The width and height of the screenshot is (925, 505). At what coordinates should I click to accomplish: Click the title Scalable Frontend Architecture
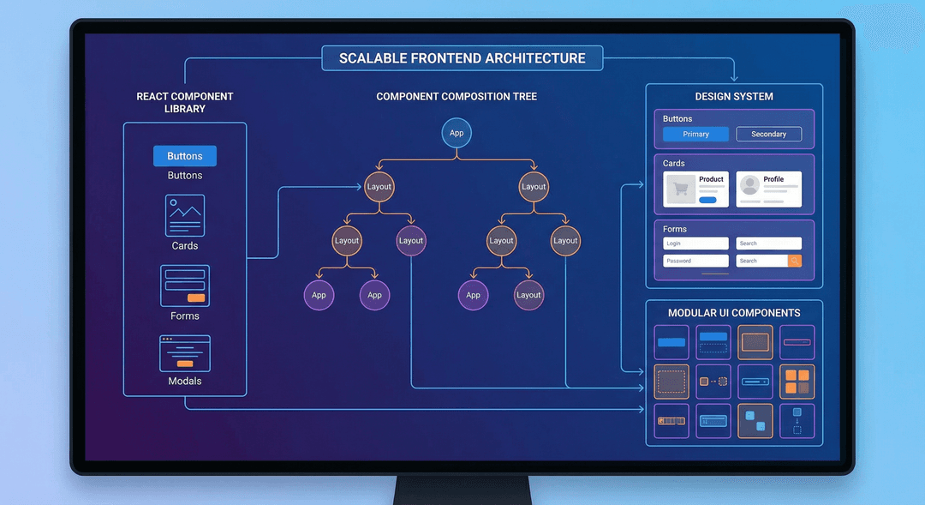(x=462, y=58)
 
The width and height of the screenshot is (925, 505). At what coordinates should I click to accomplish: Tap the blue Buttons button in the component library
(x=185, y=156)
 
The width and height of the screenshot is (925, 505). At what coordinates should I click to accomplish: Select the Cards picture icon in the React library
(x=185, y=215)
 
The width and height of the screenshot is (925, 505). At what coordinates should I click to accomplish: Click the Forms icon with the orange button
(x=185, y=286)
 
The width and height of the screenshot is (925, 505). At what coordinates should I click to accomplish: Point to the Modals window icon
(x=185, y=353)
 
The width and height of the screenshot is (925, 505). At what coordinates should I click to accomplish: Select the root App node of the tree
(x=457, y=133)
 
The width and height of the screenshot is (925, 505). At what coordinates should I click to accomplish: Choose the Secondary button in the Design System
(x=768, y=134)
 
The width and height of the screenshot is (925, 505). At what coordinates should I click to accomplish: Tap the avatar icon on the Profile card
(x=750, y=186)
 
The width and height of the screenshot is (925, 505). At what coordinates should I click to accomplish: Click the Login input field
(x=695, y=243)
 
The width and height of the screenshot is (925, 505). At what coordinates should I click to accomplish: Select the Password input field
(x=695, y=261)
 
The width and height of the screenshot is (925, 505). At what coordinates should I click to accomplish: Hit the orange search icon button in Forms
(x=794, y=261)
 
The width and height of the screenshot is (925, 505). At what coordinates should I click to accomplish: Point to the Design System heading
(x=734, y=97)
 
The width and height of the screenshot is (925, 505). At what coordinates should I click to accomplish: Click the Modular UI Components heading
(x=734, y=313)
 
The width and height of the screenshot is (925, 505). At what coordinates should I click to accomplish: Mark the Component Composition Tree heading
(x=457, y=97)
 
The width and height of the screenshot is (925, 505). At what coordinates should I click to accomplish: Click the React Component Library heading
(x=185, y=103)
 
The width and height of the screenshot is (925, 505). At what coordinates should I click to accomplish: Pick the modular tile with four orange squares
(x=797, y=382)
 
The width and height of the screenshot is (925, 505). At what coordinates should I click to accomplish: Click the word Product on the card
(x=711, y=179)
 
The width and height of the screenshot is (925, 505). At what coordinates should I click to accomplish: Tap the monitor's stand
(x=462, y=490)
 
